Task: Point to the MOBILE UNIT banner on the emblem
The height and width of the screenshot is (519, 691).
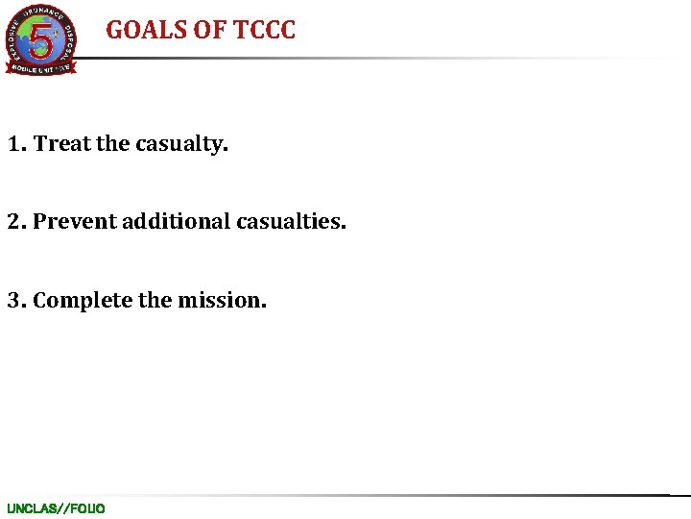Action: click(x=40, y=68)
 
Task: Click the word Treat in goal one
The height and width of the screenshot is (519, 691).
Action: click(x=62, y=144)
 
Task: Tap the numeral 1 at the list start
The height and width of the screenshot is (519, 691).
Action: click(x=14, y=144)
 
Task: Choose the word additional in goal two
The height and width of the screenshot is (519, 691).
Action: click(x=170, y=222)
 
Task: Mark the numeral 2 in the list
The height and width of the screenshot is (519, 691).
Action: click(x=14, y=222)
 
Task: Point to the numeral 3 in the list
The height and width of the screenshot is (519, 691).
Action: click(x=14, y=301)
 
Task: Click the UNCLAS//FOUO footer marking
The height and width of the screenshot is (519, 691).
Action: click(x=56, y=508)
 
